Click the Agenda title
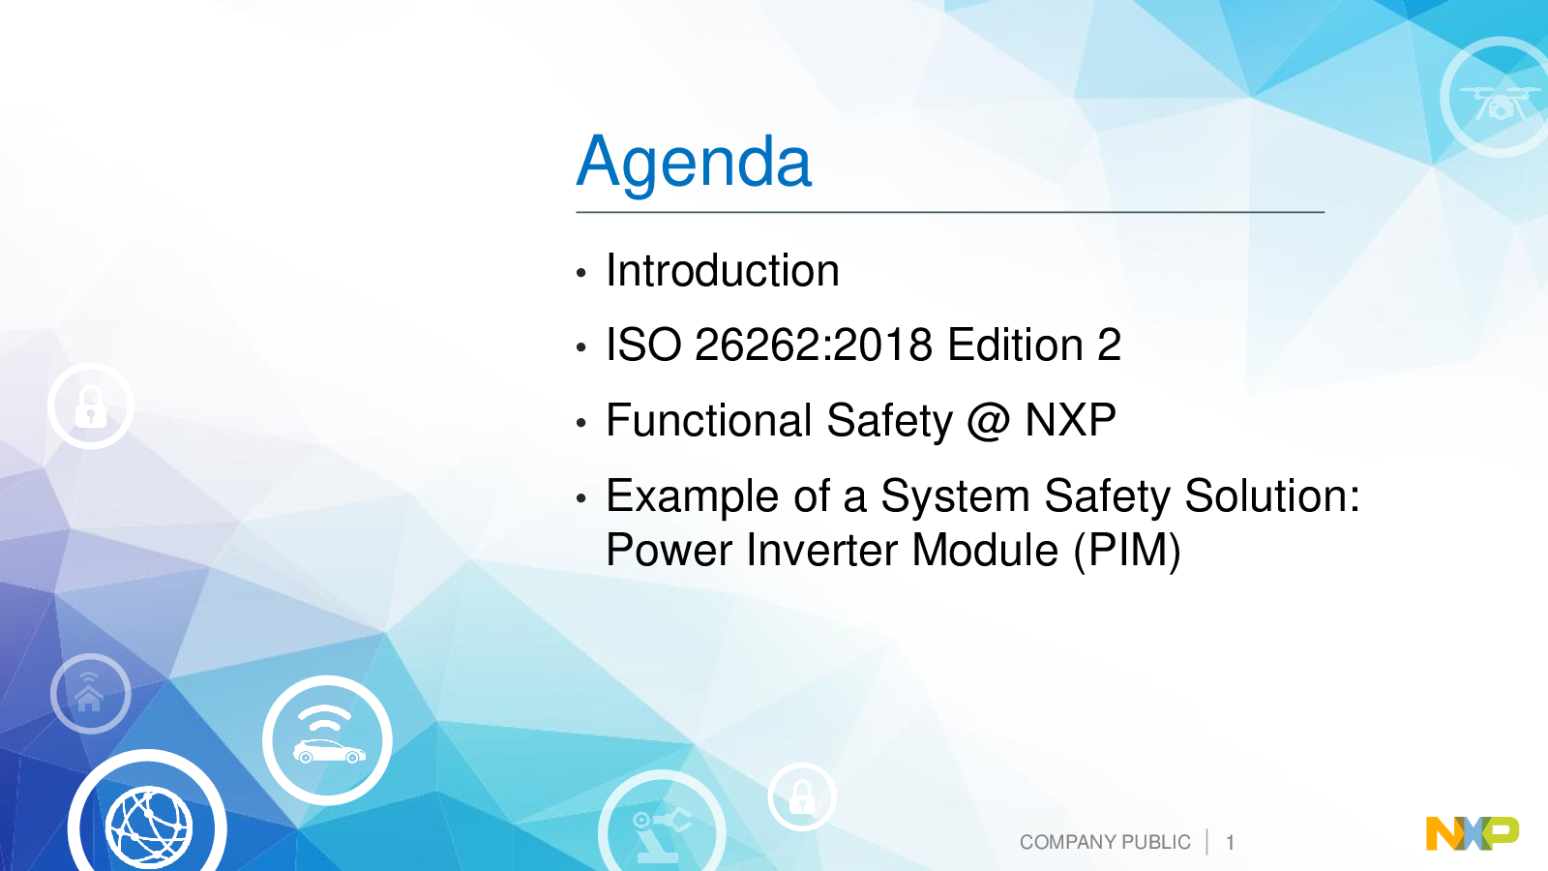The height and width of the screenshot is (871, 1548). pyautogui.click(x=694, y=164)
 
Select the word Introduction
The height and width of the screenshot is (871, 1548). pyautogui.click(x=723, y=270)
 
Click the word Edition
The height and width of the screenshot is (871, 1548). pyautogui.click(x=1015, y=345)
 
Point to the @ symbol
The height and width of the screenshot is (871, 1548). pyautogui.click(x=989, y=421)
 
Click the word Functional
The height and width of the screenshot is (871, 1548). pyautogui.click(x=709, y=420)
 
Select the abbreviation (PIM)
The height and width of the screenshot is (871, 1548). pyautogui.click(x=1127, y=551)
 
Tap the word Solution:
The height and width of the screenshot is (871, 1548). pyautogui.click(x=1272, y=496)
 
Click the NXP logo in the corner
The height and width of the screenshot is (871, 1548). pyautogui.click(x=1473, y=833)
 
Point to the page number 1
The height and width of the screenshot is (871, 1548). pyautogui.click(x=1230, y=843)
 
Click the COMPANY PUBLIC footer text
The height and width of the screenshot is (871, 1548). pyautogui.click(x=1105, y=842)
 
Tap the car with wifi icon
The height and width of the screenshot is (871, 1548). pyautogui.click(x=328, y=740)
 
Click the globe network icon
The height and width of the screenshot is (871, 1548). pyautogui.click(x=147, y=823)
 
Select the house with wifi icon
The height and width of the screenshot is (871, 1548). pyautogui.click(x=91, y=693)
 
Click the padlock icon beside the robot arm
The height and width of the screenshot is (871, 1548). pyautogui.click(x=802, y=797)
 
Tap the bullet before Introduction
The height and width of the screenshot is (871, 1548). pyautogui.click(x=581, y=273)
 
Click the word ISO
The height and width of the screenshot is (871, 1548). pyautogui.click(x=643, y=345)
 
